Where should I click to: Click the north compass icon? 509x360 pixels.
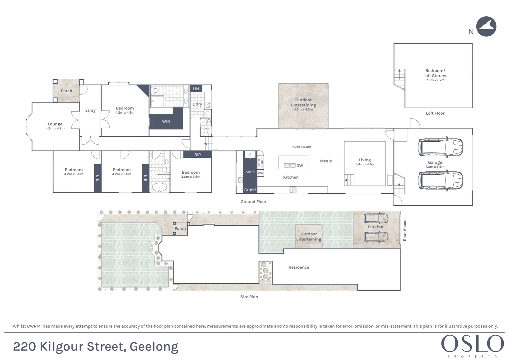point(486,27)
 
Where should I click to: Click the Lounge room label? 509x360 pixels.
point(55,124)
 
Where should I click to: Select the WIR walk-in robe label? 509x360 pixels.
point(166,121)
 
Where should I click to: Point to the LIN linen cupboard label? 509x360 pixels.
point(196,89)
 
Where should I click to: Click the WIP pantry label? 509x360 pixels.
point(250,172)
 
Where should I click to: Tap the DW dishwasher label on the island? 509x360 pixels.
point(299,165)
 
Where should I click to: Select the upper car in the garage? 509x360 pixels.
point(440,147)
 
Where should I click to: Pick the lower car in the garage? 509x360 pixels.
point(440,180)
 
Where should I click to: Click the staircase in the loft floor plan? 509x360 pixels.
point(399,79)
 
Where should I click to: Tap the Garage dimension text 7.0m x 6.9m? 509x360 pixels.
point(435,167)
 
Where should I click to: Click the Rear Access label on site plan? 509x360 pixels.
point(405,229)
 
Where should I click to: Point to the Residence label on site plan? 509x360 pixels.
point(299,267)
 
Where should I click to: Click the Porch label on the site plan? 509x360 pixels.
point(180,229)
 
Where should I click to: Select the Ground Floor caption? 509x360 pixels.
point(253,202)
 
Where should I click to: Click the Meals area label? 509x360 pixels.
point(326,161)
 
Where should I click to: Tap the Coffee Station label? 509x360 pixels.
point(260,162)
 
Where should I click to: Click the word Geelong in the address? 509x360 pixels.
point(154,347)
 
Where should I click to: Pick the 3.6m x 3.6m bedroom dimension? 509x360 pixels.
point(191,177)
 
